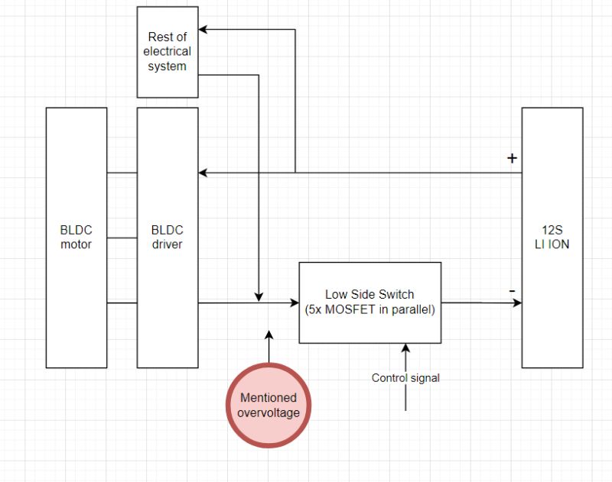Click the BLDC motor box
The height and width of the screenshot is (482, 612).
tap(76, 238)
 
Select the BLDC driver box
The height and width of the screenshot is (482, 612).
tap(168, 238)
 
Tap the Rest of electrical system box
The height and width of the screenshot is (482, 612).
tap(168, 52)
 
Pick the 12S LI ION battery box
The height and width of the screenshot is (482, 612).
tap(552, 238)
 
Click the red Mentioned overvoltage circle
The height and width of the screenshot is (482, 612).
tap(269, 405)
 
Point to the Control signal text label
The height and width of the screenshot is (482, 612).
tap(405, 377)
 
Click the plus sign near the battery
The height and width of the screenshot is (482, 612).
tap(512, 159)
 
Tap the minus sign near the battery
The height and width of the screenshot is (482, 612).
tap(512, 292)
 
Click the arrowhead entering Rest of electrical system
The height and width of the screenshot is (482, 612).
tap(203, 30)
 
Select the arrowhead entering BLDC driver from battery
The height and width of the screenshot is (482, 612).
tap(203, 173)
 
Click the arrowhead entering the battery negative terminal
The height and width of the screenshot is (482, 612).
tap(517, 303)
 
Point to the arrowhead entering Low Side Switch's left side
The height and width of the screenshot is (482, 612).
tap(293, 303)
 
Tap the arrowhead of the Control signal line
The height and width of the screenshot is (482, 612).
tap(405, 348)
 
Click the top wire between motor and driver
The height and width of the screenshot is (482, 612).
tap(122, 173)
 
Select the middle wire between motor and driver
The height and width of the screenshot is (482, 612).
tap(122, 238)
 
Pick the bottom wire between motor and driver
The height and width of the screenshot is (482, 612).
tap(122, 303)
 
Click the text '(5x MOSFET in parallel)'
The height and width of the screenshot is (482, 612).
tap(369, 310)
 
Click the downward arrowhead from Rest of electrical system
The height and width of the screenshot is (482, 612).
tap(259, 296)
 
